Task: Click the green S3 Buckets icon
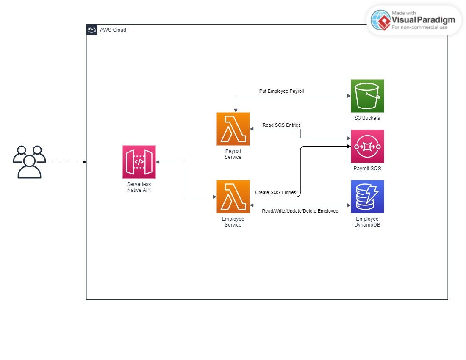(367, 96)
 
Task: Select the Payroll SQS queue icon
(367, 146)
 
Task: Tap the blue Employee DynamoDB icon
(367, 197)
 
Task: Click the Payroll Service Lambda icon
(233, 129)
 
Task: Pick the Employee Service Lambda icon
(233, 197)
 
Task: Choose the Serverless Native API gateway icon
(139, 162)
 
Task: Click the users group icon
(29, 162)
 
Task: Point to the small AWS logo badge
(92, 30)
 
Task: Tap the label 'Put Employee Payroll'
(281, 91)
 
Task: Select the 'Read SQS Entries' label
(281, 125)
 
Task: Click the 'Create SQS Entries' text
(275, 192)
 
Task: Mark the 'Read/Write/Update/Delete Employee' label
(300, 211)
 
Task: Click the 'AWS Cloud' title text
(113, 30)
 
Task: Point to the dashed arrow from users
(66, 162)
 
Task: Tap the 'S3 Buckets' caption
(367, 118)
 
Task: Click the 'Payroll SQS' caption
(367, 169)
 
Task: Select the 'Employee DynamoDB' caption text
(367, 222)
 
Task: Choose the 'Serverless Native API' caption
(139, 187)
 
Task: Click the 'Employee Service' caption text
(233, 222)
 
